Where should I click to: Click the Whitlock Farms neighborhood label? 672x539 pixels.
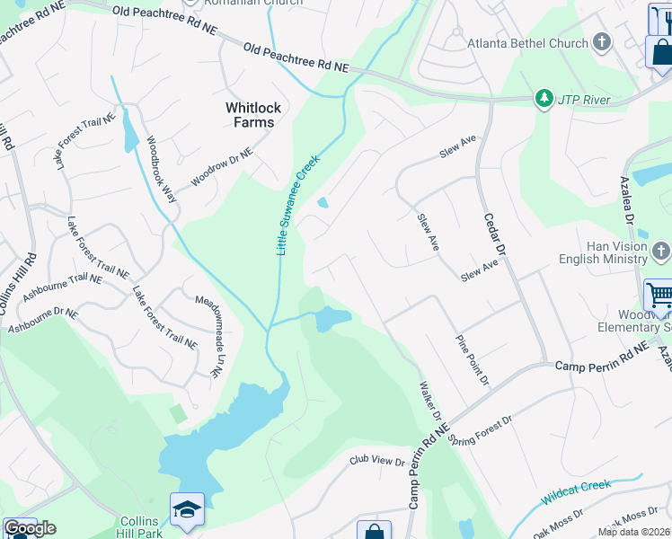point(252,115)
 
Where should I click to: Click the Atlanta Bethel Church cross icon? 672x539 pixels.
point(601,42)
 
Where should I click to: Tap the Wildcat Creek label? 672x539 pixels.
point(576,492)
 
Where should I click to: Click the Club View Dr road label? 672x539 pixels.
point(376,461)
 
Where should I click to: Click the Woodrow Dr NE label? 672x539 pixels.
point(222,166)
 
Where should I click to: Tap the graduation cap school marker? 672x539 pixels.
point(187,510)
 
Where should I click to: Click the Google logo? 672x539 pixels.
point(30,528)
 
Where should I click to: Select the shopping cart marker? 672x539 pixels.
point(659,294)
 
